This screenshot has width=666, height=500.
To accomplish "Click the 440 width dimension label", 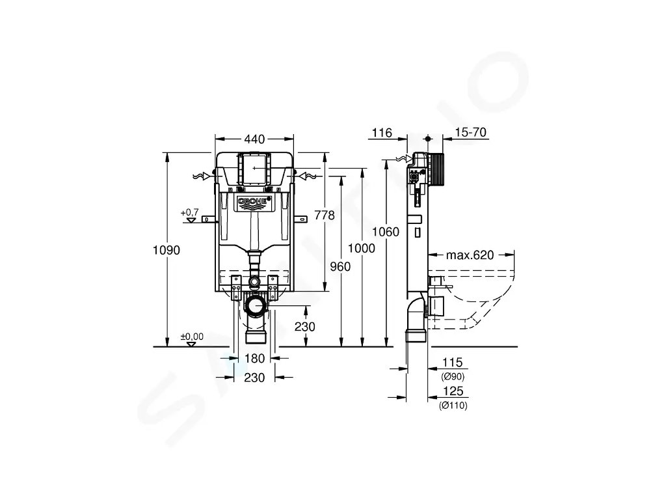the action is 254,139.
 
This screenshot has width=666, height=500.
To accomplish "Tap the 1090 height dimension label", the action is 166,250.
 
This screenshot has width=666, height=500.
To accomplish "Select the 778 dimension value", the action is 325,215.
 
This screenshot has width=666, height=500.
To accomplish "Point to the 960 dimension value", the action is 341,266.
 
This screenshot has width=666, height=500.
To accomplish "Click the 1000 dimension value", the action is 362,248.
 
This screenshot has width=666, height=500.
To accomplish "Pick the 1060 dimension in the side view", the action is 386,232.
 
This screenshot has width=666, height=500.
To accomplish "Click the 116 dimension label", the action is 382,133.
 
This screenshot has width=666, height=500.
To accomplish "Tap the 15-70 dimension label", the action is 471,132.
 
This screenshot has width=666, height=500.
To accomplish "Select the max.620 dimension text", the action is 470,255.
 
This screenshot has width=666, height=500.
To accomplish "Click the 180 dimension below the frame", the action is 254,359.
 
